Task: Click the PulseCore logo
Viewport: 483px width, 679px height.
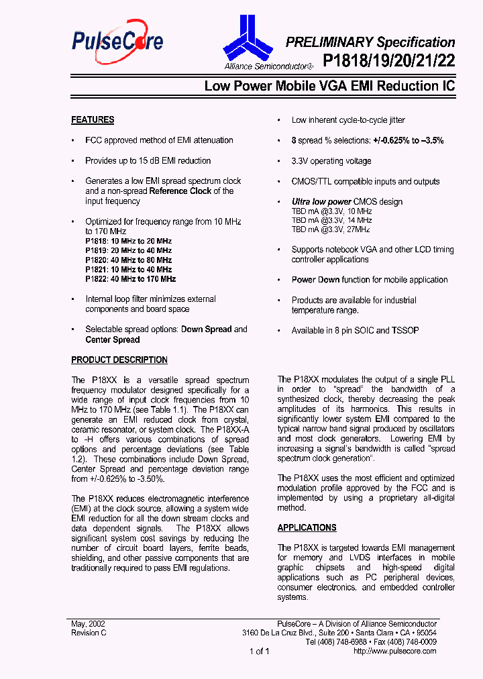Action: coord(117,42)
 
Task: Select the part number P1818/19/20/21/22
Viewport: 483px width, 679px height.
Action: coord(388,62)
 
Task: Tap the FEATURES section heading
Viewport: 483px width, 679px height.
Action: coord(93,120)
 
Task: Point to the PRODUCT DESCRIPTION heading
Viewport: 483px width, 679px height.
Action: coord(119,360)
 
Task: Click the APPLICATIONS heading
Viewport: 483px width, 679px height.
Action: coord(307,528)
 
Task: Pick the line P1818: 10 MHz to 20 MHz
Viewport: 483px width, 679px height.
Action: coord(128,241)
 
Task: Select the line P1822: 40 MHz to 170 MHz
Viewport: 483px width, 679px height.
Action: coord(130,278)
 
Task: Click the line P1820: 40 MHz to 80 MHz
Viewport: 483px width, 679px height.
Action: coord(128,260)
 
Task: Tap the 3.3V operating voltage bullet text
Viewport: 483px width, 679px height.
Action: coord(331,161)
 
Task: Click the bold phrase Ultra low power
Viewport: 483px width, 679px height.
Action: coord(321,202)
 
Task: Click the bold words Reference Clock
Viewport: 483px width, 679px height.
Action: coord(180,191)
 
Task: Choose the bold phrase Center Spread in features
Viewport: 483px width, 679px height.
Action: coord(113,339)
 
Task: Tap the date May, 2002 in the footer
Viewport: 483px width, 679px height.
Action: coord(88,623)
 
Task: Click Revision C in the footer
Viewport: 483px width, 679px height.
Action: coord(89,633)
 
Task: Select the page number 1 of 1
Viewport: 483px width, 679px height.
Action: coord(259,651)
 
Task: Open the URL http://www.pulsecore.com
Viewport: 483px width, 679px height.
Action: coord(394,651)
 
